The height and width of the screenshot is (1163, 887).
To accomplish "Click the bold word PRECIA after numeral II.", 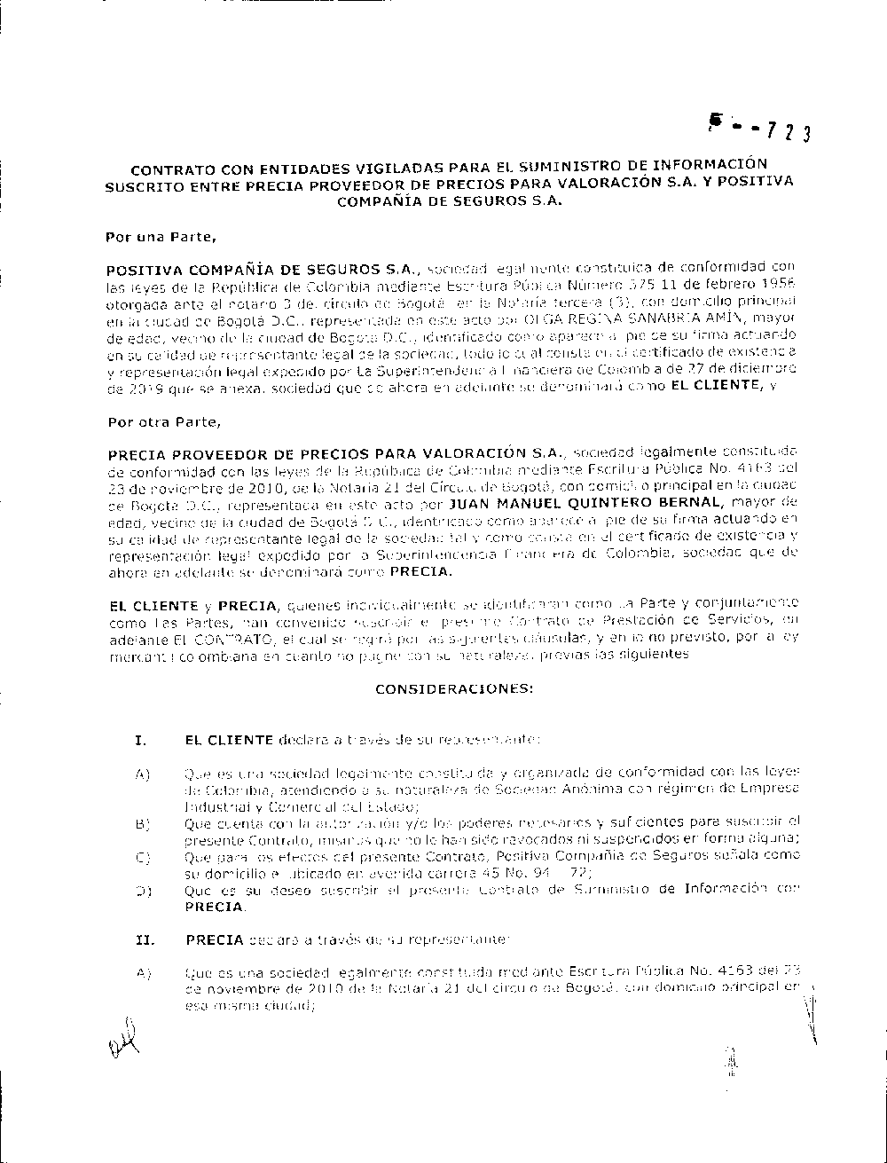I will click(x=214, y=938).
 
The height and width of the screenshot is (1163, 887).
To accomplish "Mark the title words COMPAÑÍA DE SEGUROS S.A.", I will click(x=449, y=200).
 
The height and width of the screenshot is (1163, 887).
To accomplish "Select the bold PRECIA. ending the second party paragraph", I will click(x=420, y=572).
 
